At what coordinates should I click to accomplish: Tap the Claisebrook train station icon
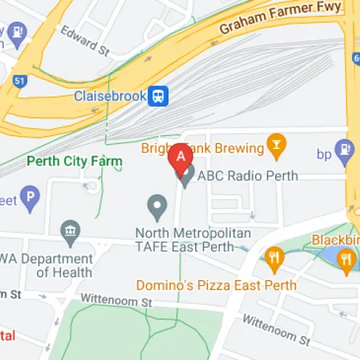point(157,96)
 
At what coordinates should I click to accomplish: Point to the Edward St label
point(84,42)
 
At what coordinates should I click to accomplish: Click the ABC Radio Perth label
point(235,174)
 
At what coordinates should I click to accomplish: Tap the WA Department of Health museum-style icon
point(71,230)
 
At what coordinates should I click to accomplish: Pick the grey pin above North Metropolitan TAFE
point(157,207)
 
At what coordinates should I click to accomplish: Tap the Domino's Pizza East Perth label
point(216,284)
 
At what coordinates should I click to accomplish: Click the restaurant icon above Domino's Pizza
point(274,257)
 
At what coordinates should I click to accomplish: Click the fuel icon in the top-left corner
point(16,32)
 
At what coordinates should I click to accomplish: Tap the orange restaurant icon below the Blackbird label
point(346,257)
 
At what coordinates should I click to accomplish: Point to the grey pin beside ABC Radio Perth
point(186,175)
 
